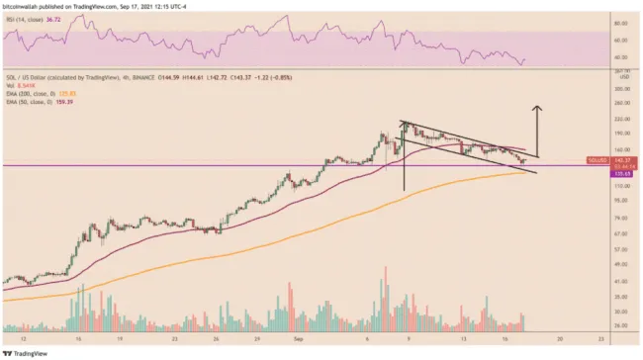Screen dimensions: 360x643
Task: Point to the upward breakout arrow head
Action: point(538,107)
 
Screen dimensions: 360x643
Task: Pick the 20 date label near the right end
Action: point(560,337)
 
